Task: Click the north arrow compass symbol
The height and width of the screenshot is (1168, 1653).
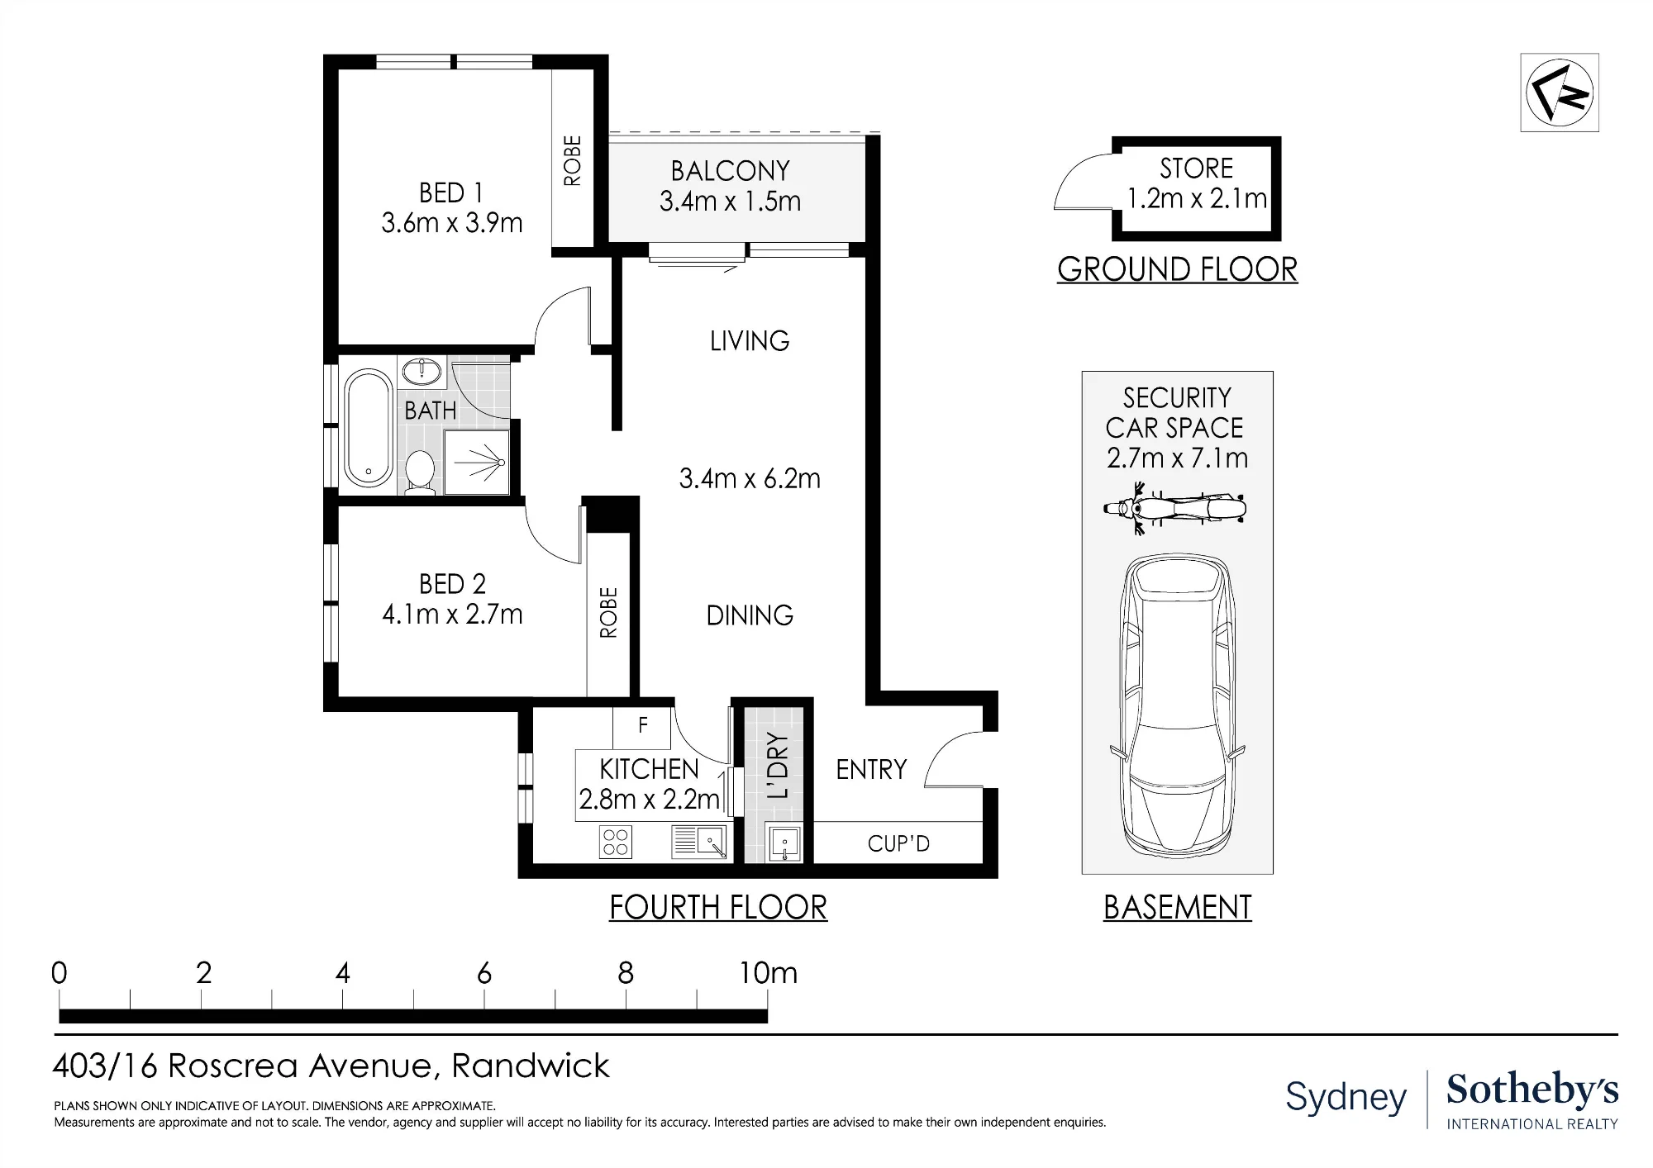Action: click(1560, 93)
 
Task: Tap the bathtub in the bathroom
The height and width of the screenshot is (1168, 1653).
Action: click(368, 429)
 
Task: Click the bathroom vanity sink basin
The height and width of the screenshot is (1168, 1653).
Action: click(422, 371)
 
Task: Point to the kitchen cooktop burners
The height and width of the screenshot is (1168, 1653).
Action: click(616, 842)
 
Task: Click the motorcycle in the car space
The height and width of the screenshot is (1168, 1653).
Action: click(1174, 508)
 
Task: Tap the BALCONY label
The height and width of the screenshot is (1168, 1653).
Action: click(730, 171)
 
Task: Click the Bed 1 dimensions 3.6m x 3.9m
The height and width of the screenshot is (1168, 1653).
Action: click(452, 223)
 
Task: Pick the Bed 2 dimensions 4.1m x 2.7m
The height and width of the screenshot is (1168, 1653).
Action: click(452, 615)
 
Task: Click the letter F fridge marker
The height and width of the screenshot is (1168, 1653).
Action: click(643, 725)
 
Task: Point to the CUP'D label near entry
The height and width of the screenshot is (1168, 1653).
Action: click(898, 843)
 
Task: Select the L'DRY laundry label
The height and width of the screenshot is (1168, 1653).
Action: click(778, 766)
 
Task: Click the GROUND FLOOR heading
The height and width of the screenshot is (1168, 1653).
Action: click(1177, 269)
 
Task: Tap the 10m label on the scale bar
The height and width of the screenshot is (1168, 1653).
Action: click(768, 973)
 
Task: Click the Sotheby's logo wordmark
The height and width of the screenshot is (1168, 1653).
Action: click(1532, 1090)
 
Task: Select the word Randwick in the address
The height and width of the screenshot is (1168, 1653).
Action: click(530, 1066)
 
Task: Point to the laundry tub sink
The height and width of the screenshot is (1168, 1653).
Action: click(784, 843)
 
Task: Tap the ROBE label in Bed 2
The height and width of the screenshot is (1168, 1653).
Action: click(608, 613)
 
